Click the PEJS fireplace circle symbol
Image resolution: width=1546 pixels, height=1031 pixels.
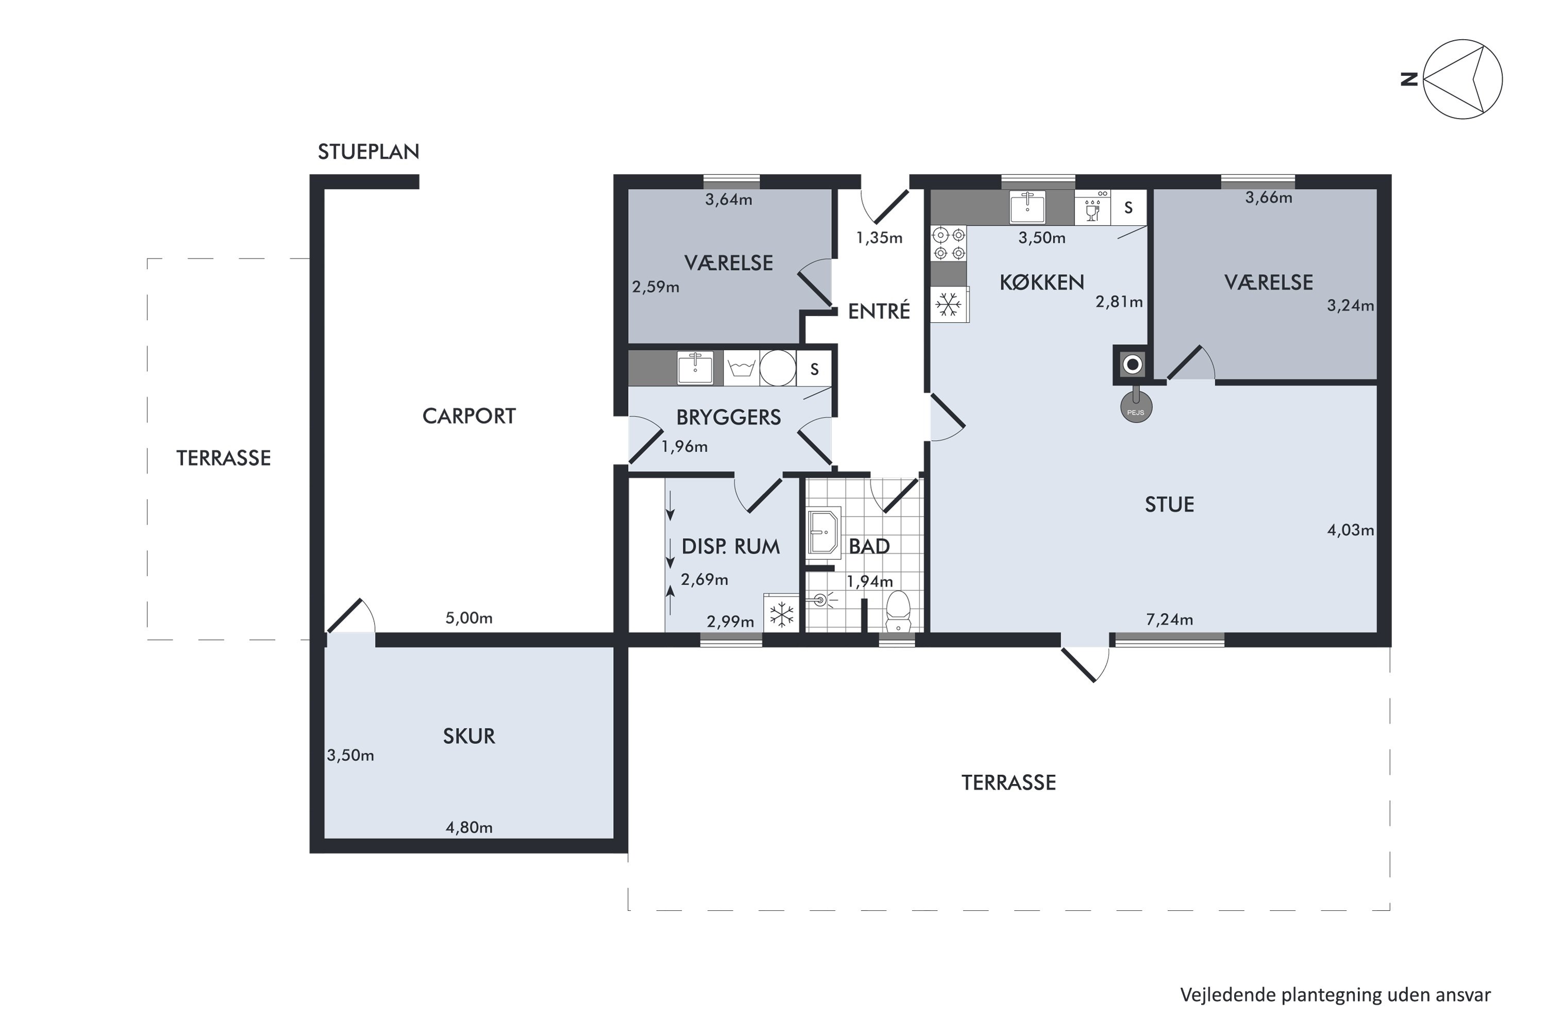[x=1136, y=407]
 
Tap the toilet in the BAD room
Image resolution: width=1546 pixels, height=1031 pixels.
[x=897, y=611]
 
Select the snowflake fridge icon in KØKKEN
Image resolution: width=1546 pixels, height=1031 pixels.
[x=949, y=305]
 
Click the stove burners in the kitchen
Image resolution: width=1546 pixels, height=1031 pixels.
[x=949, y=243]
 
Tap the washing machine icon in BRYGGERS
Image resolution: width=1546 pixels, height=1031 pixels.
[x=742, y=368]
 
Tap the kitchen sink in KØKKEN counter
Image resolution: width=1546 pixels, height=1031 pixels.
[x=1028, y=208]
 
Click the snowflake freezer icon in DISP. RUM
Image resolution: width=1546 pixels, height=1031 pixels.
[x=782, y=613]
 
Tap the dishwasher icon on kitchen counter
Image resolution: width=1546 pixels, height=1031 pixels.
[x=1093, y=208]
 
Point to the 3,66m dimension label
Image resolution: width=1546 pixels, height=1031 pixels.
[x=1269, y=197]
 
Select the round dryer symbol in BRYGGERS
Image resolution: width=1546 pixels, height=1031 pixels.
[x=778, y=368]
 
